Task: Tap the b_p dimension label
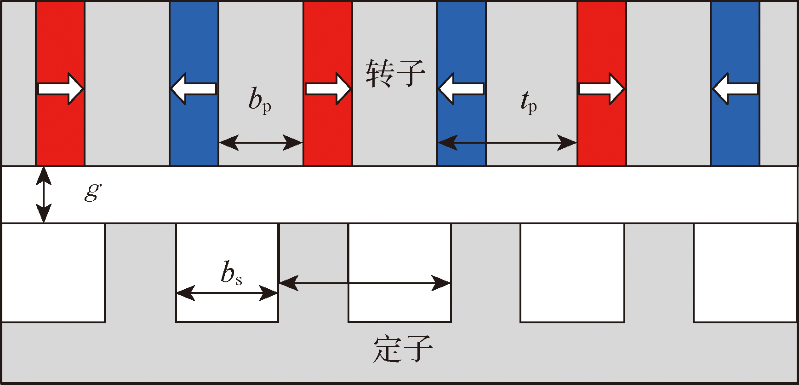(260, 100)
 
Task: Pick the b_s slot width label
(231, 273)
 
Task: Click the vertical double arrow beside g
(44, 194)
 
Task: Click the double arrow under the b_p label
(261, 143)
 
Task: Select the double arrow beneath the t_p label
(507, 143)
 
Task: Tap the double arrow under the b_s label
(227, 293)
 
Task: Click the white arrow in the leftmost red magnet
(60, 88)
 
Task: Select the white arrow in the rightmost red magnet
(601, 88)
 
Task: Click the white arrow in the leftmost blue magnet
(194, 88)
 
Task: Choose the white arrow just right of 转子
(461, 88)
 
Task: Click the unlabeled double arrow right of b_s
(365, 283)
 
